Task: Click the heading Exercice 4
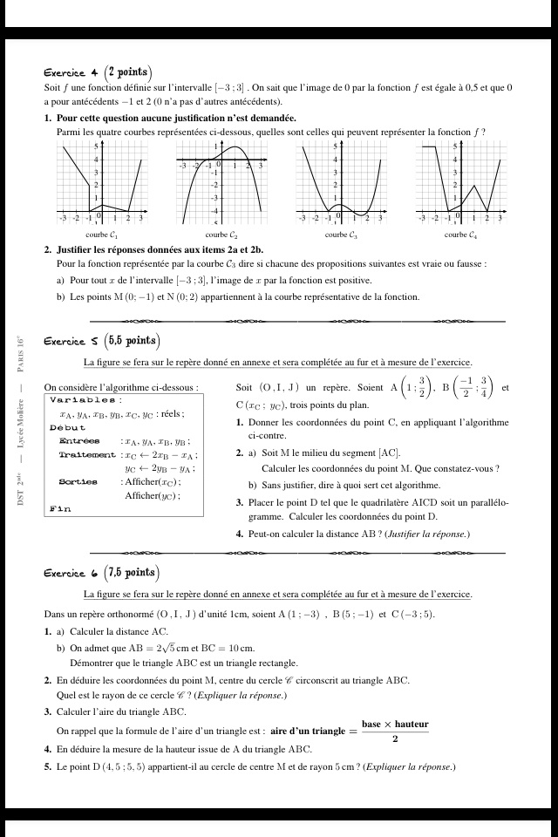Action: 71,73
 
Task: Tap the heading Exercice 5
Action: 71,342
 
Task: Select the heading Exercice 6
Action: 71,574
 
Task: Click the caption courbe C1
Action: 102,235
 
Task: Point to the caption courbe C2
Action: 221,235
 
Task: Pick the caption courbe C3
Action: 341,235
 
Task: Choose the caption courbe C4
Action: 460,235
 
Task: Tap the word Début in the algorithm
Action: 68,427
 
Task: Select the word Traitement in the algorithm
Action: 87,454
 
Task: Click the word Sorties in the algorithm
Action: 78,481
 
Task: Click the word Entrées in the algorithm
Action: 79,441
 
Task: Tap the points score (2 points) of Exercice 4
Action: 128,72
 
